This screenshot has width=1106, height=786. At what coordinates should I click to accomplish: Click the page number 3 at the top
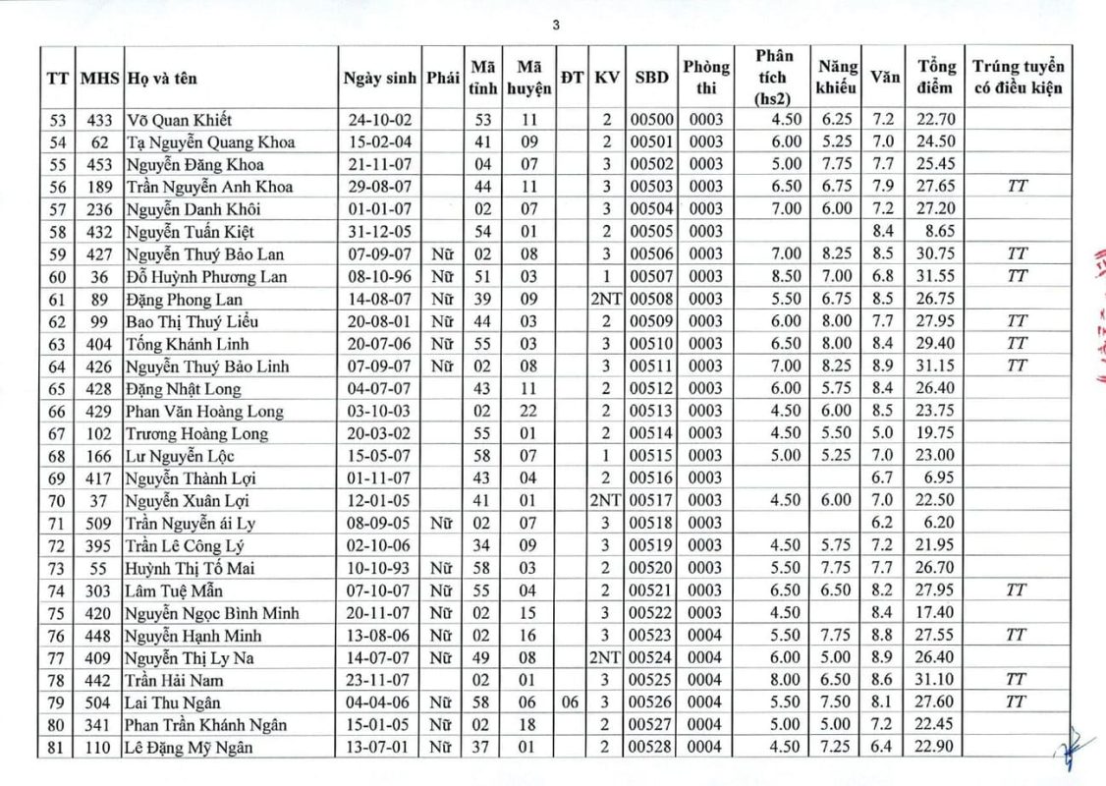coord(556,27)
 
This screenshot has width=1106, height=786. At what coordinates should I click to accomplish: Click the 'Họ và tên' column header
coord(165,78)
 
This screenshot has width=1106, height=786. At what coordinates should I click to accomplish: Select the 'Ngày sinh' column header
coord(380,78)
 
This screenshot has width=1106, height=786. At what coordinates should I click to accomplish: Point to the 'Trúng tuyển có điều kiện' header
coord(1018,78)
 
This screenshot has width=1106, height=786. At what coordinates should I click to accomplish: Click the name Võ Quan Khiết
coord(179,120)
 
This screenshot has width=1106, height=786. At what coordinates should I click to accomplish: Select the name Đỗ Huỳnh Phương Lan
coord(206,277)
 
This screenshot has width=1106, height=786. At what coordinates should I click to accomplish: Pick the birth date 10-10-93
coord(380,568)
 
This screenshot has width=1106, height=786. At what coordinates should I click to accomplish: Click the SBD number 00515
coord(653,456)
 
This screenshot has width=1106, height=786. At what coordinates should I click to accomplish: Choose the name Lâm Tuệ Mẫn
coord(174,590)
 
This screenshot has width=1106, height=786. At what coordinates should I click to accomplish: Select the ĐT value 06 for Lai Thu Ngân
coord(571,702)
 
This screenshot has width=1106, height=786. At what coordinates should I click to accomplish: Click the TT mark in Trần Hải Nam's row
coord(1018,680)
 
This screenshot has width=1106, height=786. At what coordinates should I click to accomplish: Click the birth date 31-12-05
coord(380,232)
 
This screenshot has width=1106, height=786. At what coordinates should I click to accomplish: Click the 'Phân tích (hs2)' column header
coord(773,78)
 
